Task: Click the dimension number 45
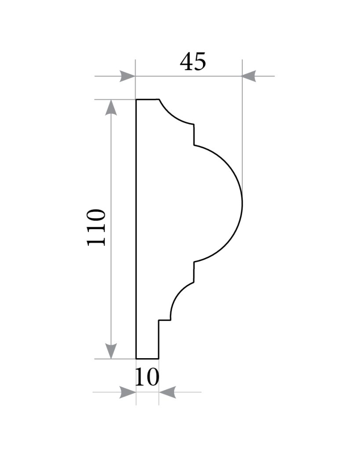[x=193, y=62]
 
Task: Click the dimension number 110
[x=96, y=228]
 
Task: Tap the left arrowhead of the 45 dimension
[x=127, y=76]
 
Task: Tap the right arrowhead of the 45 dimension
[x=249, y=76]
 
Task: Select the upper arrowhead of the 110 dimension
[x=111, y=107]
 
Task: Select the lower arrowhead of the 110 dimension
[x=111, y=351]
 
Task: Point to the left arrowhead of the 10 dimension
[x=128, y=392]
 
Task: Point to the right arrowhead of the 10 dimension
[x=167, y=392]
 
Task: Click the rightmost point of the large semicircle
[x=243, y=203]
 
